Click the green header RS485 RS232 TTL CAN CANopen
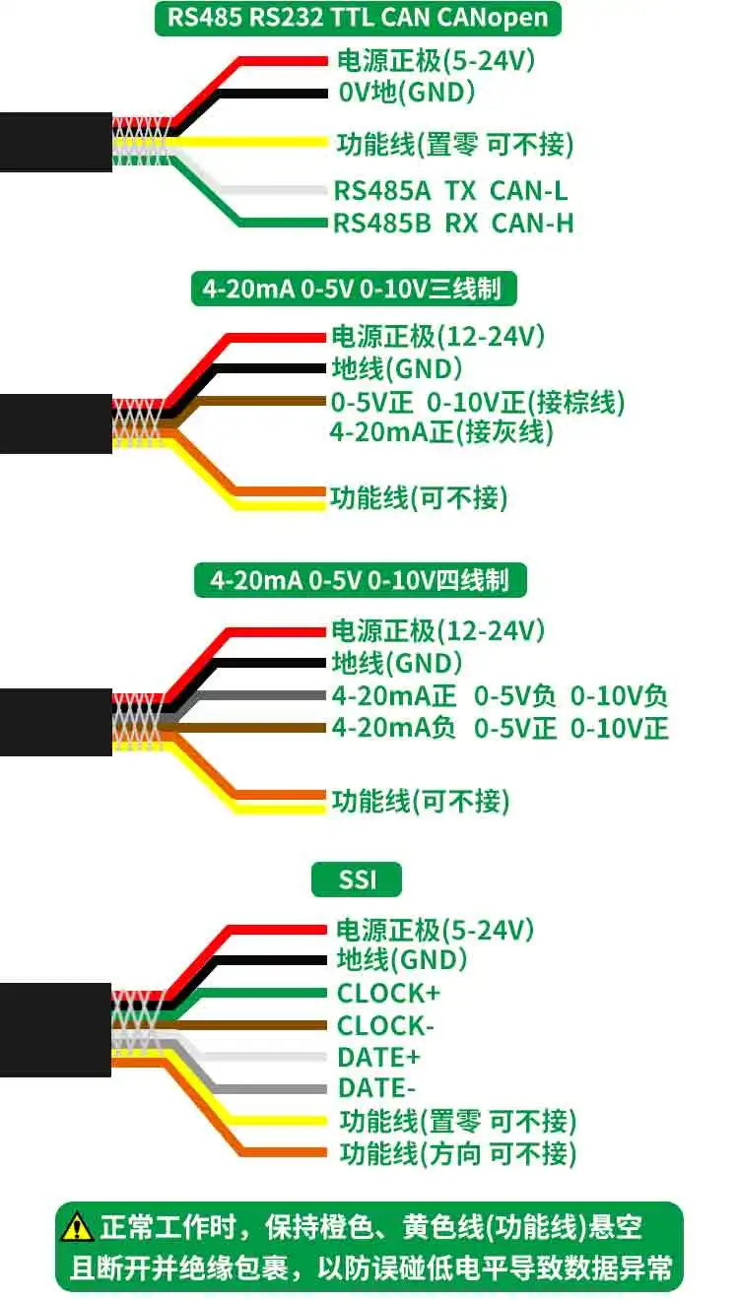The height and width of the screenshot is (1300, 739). click(358, 18)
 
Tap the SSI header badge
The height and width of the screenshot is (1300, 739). click(357, 878)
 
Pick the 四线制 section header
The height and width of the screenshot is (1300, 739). click(360, 580)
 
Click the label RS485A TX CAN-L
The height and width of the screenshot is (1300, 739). click(450, 191)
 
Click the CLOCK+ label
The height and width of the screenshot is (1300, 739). click(388, 993)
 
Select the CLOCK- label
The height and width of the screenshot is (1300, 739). click(385, 1025)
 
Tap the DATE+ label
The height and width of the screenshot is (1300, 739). click(378, 1057)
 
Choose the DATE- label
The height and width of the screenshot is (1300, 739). click(376, 1088)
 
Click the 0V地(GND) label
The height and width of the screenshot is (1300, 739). click(406, 94)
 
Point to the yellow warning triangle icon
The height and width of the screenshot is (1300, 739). click(77, 1228)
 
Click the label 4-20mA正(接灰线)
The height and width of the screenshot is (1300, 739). click(441, 431)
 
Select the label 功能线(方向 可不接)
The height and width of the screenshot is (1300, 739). click(457, 1152)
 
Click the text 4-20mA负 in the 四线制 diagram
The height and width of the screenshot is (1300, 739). click(394, 729)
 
